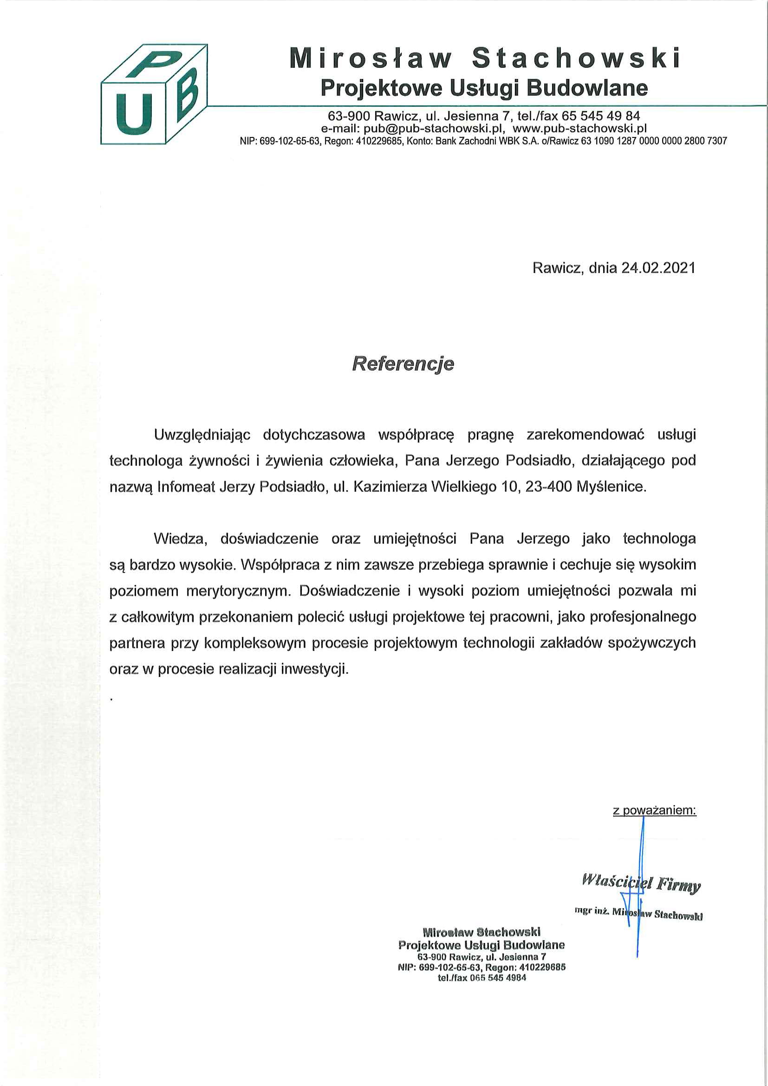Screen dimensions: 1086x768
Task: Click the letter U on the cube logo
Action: (133, 112)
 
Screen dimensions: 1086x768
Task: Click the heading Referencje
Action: (403, 364)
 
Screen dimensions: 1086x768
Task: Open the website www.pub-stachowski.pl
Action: (580, 128)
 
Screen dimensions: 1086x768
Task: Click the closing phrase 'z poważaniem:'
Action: (655, 810)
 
